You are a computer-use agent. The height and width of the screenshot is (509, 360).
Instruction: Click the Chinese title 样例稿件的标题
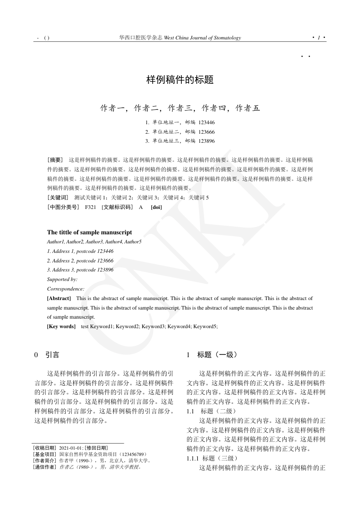pos(180,80)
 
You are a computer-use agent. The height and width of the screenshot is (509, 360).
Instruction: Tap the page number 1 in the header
pos(319,38)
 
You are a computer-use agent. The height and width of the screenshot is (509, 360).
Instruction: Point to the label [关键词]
pos(58,198)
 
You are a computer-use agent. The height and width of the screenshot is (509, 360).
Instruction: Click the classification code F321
pos(90,207)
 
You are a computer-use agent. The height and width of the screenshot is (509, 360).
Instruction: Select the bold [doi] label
pos(156,207)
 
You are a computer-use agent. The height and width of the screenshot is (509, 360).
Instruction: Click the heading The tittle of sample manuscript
pos(89,232)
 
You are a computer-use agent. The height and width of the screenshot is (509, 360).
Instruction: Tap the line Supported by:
pos(62,279)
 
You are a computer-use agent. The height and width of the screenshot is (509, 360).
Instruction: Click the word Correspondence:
pos(66,289)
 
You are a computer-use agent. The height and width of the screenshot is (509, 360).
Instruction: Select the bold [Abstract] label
pos(59,298)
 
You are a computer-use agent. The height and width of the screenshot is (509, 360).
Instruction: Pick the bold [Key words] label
pos(61,326)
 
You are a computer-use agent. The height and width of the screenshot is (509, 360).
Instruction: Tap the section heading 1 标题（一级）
pos(212,355)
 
